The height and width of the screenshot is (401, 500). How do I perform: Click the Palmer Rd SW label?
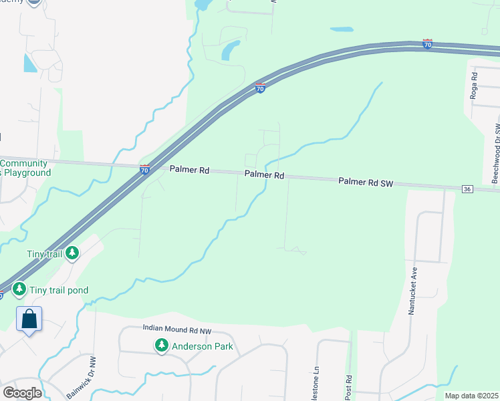[x=364, y=181]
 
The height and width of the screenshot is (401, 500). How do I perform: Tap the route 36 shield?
[x=467, y=190]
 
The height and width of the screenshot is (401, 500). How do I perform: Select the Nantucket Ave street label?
[x=414, y=291]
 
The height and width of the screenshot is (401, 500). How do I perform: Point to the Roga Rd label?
[x=473, y=88]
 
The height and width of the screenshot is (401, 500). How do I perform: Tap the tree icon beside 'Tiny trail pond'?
[x=19, y=290]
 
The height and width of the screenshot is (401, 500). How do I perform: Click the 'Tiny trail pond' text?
[x=59, y=291]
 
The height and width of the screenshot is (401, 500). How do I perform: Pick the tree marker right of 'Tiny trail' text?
[x=72, y=253]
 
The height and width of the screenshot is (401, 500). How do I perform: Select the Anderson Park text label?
[x=203, y=346]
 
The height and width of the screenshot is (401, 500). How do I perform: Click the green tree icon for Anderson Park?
[x=161, y=346]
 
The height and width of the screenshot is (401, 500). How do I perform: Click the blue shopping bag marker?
[x=29, y=318]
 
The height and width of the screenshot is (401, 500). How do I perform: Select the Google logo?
[x=22, y=392]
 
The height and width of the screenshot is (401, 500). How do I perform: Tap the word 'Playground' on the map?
[x=27, y=172]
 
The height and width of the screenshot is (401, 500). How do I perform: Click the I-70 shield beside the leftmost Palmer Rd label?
[x=145, y=170]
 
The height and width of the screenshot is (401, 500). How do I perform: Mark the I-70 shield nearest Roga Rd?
[x=427, y=44]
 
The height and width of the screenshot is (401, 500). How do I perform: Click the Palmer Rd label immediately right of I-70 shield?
[x=189, y=170]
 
